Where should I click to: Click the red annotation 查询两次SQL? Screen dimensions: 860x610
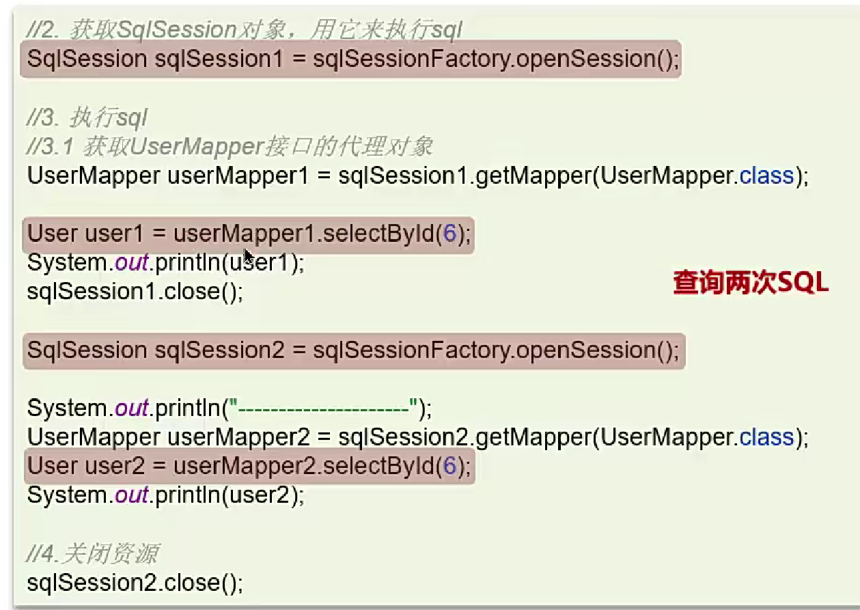(751, 282)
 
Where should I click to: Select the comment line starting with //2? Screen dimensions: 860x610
(245, 30)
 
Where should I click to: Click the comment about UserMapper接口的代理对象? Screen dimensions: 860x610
(230, 146)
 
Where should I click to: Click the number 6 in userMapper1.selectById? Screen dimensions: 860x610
(449, 234)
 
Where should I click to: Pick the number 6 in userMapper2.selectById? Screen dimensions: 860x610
(449, 467)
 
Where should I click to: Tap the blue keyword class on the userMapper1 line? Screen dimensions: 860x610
(766, 176)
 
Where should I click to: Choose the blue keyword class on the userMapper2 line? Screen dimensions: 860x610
(766, 436)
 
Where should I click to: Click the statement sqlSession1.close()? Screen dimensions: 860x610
(135, 292)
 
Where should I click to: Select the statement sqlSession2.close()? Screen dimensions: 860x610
(135, 583)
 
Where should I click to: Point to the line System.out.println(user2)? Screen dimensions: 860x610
(165, 495)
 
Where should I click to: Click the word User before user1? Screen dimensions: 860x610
(53, 234)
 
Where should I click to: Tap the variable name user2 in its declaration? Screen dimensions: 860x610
(114, 467)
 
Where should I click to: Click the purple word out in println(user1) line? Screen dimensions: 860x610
(132, 263)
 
